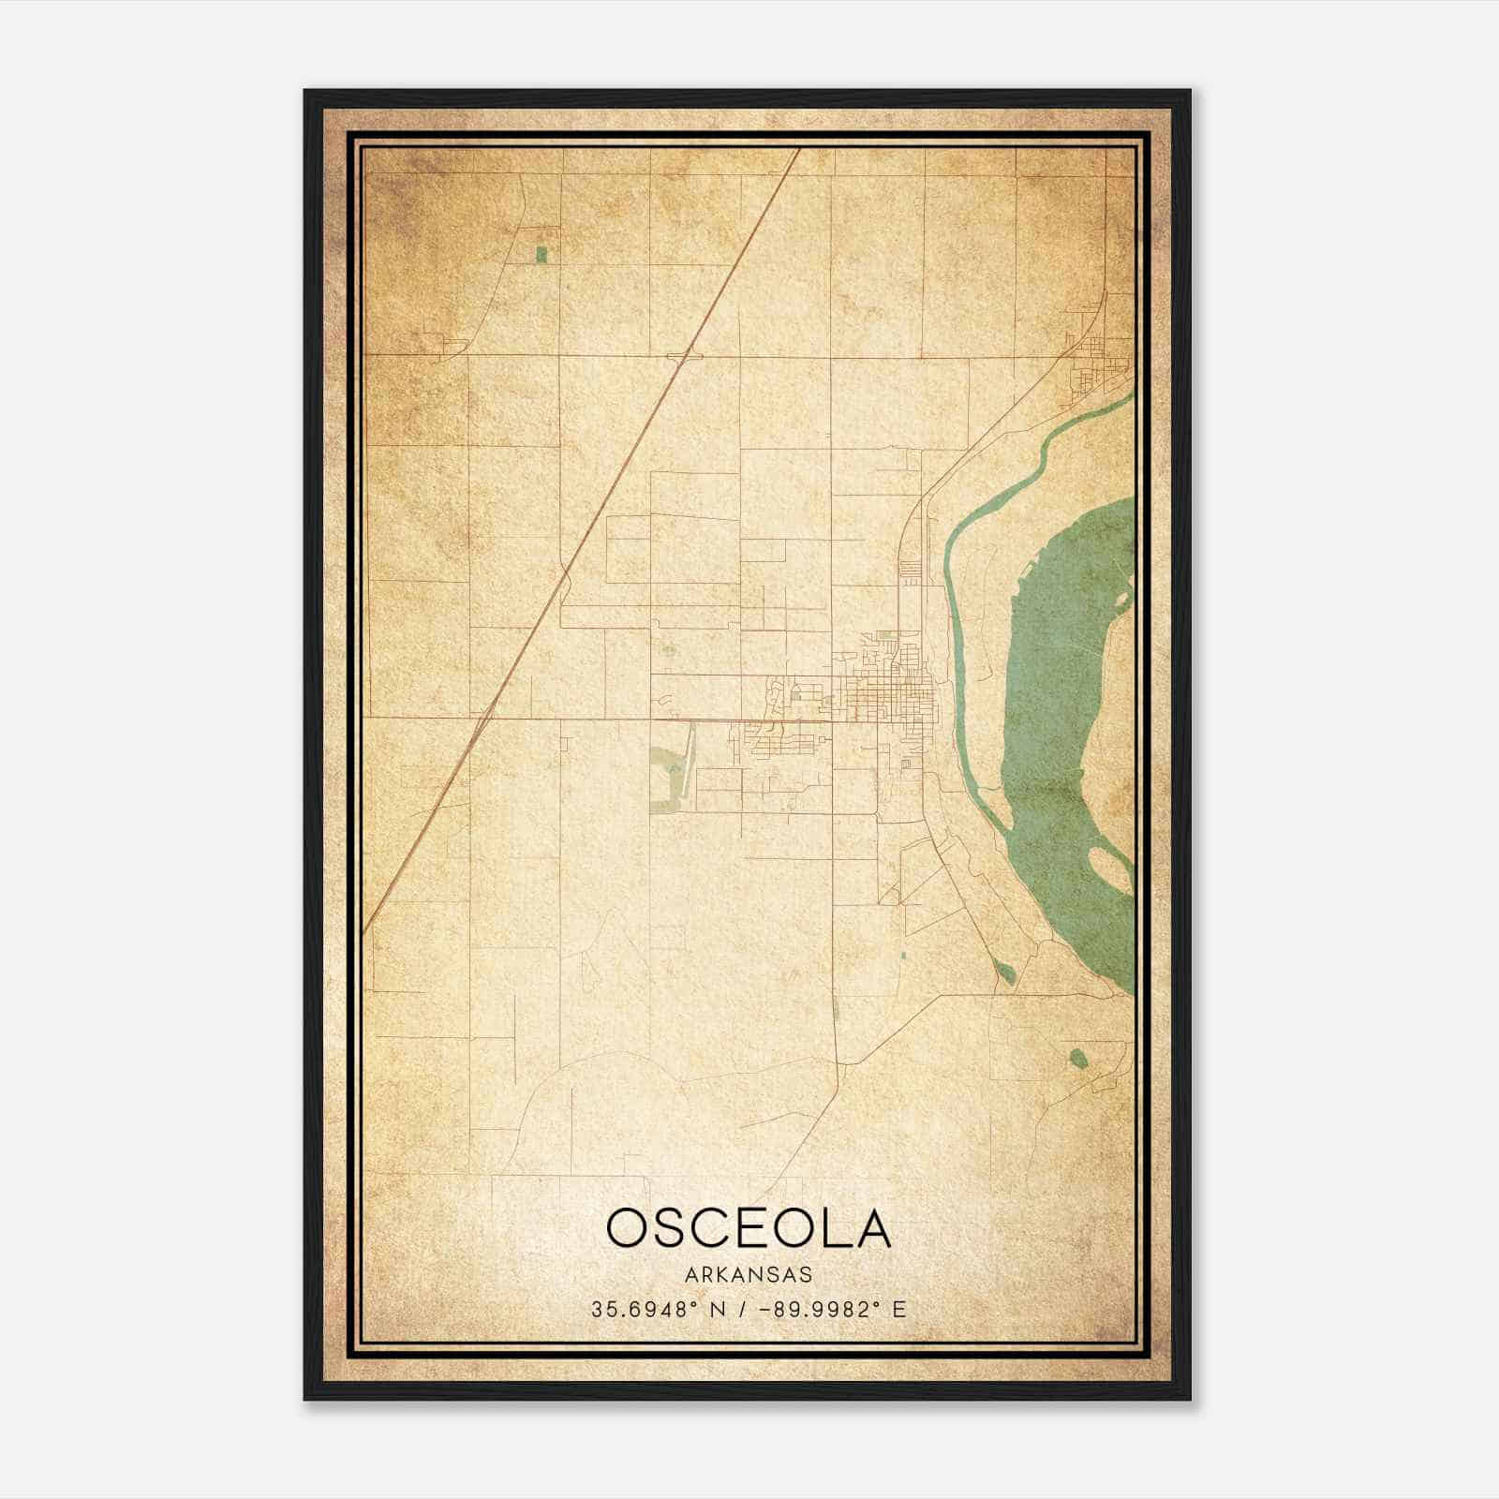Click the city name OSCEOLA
click(749, 1228)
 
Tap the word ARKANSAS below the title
click(749, 1275)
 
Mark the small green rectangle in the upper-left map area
click(542, 254)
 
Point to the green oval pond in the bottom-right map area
click(1077, 1058)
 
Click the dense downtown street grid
click(890, 698)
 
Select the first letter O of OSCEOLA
click(625, 1228)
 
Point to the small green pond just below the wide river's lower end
click(1004, 972)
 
